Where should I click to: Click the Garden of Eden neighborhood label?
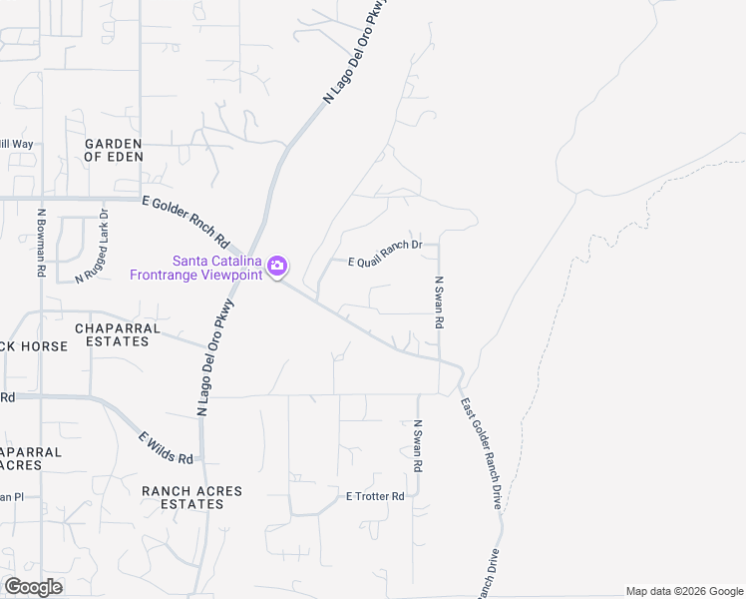(x=114, y=150)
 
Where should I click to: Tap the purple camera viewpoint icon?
(x=277, y=267)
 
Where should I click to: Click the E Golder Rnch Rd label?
(x=186, y=222)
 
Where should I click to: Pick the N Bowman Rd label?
(x=42, y=242)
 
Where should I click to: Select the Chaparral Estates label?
(x=112, y=333)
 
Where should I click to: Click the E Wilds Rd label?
(x=166, y=446)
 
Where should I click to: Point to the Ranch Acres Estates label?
(x=183, y=497)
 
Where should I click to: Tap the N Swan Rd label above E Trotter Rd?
(x=419, y=446)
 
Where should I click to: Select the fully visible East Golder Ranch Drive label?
(x=481, y=454)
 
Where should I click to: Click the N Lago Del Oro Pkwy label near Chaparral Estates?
(x=217, y=355)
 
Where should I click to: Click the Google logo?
(x=33, y=587)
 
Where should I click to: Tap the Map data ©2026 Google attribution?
(x=684, y=591)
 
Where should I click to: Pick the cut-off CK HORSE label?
(x=34, y=346)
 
